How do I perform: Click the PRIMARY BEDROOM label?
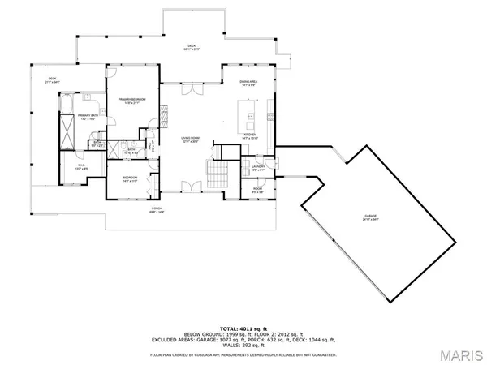pyautogui.click(x=131, y=100)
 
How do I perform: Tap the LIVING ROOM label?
pyautogui.click(x=191, y=140)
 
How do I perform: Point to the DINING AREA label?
pyautogui.click(x=248, y=82)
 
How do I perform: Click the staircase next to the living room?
pyautogui.click(x=216, y=173)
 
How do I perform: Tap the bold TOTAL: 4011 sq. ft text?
pyautogui.click(x=243, y=327)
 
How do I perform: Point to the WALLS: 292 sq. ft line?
pyautogui.click(x=243, y=346)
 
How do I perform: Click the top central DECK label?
pyautogui.click(x=192, y=47)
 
